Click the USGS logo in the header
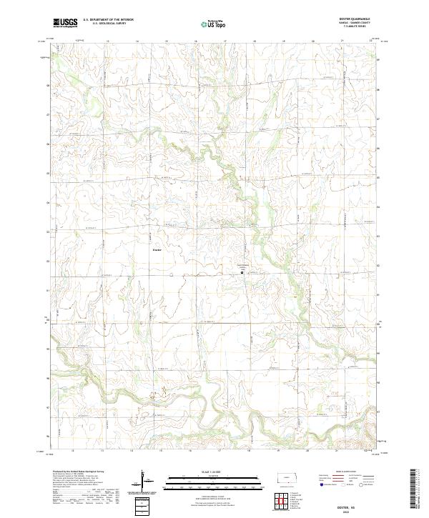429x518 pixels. (65, 23)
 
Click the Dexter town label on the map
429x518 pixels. (157, 249)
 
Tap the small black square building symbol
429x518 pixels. (242, 272)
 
